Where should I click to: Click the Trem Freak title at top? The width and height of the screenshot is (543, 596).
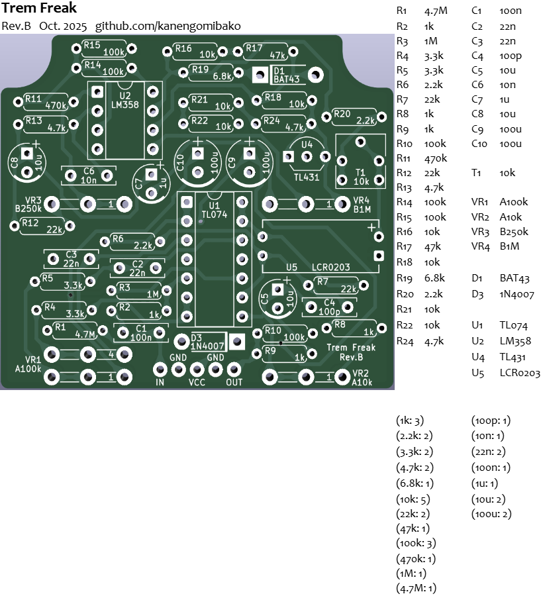(39, 9)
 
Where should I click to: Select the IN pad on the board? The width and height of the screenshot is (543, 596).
(160, 370)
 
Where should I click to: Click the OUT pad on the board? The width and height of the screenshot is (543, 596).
(234, 370)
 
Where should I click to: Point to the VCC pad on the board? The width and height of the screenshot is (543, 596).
(197, 370)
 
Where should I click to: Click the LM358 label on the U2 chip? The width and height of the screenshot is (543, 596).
(124, 105)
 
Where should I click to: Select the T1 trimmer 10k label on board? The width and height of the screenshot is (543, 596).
(361, 181)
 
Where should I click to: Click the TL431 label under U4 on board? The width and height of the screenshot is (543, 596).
(307, 177)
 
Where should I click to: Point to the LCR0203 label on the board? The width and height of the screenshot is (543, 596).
(330, 267)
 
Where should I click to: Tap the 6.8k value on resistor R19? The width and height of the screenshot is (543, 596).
(222, 76)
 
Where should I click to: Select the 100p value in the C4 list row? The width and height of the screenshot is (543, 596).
(511, 56)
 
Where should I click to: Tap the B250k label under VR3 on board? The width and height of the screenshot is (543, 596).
(28, 208)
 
